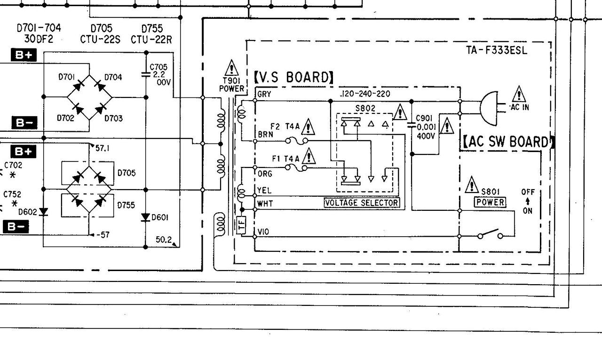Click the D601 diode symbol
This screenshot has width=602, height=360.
pos(146,217)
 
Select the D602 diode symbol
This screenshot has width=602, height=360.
pos(43,212)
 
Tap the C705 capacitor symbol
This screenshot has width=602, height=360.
pos(146,74)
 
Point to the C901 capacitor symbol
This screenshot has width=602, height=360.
pos(412,125)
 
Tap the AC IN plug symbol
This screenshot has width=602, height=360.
pos(489,108)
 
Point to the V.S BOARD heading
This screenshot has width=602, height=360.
pos(293,77)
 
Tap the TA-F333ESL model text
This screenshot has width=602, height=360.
pos(493,50)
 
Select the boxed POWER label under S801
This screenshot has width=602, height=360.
pos(490,202)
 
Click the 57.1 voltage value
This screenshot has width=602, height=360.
pos(103,148)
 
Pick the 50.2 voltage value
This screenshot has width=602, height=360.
pos(163,240)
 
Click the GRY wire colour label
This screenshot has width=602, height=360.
pos(264,94)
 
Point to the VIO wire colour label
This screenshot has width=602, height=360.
pos(263,232)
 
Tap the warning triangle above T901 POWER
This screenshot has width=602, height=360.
pos(232,68)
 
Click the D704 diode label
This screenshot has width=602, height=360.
pos(113,77)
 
